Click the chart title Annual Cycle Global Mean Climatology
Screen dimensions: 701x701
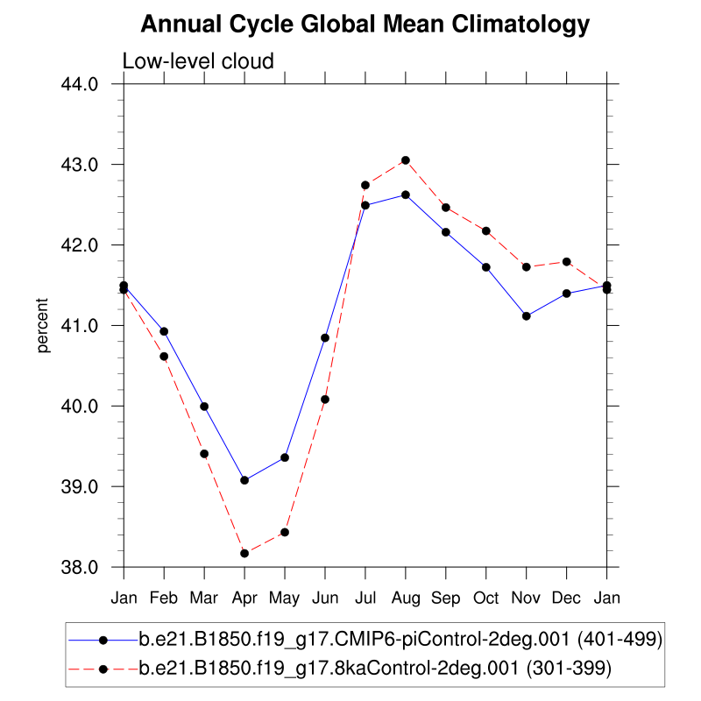coord(365,25)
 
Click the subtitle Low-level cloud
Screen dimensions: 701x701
coord(198,61)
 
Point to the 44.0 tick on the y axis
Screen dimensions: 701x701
coord(91,84)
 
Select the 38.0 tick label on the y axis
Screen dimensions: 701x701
coord(91,567)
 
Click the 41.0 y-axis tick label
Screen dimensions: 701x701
coord(91,326)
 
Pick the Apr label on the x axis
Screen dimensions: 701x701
coord(244,598)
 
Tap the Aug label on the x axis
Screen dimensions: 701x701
coord(406,598)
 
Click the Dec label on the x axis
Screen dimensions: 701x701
coord(567,598)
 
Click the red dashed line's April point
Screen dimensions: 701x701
coord(244,553)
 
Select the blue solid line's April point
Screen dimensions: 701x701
coord(244,480)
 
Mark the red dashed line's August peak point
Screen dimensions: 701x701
coord(406,160)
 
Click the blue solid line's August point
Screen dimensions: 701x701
coord(406,195)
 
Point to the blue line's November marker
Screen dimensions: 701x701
coord(527,315)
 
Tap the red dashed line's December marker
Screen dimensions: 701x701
coord(567,262)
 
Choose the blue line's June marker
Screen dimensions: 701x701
coord(325,337)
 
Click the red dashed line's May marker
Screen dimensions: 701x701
coord(285,532)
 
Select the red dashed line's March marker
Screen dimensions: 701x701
coord(204,453)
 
